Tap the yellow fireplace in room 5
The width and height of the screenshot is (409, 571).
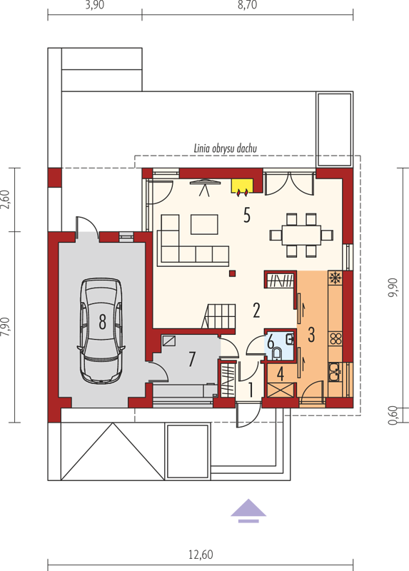tap(242, 186)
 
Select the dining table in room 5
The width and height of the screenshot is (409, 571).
tap(301, 236)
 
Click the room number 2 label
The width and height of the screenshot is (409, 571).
tap(256, 310)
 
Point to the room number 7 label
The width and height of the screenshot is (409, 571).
tap(192, 359)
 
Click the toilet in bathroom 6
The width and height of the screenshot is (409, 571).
tap(276, 353)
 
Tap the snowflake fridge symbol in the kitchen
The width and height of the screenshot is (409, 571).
tap(334, 278)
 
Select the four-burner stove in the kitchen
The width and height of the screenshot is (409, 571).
tap(335, 338)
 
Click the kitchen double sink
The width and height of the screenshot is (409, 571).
tap(335, 372)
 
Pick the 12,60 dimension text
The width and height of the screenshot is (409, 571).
tap(201, 555)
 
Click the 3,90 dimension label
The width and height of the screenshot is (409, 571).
tap(95, 5)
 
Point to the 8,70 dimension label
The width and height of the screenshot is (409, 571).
tap(247, 5)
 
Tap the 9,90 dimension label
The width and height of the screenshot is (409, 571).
tap(394, 288)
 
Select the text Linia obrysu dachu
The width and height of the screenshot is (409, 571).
tap(225, 148)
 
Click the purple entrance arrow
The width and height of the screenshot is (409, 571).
tap(248, 510)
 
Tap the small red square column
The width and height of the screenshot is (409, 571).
tap(233, 273)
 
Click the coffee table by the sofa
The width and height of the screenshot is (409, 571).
tap(204, 224)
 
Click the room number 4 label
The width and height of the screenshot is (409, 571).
tap(281, 374)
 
